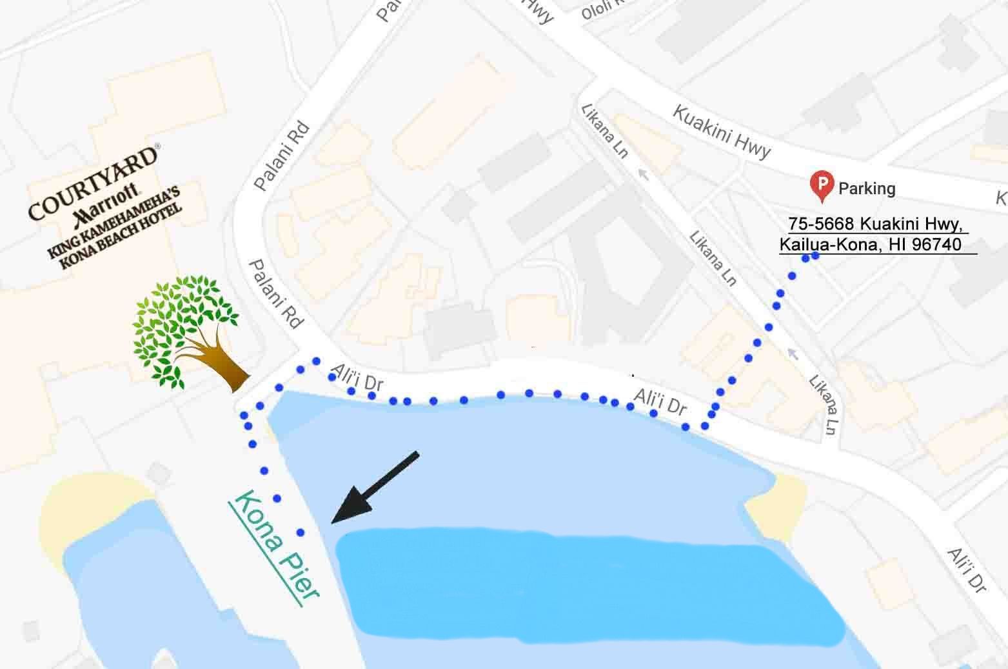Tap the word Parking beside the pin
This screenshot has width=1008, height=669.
pos(867,188)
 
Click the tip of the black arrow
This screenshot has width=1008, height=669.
pos(333,521)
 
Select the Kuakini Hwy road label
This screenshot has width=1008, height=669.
pos(722,132)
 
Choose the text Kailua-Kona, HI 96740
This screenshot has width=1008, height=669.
pos(871,245)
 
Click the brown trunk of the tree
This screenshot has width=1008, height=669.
pos(222,368)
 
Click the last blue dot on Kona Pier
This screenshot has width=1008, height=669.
pos(301,532)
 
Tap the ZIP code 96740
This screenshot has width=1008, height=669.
pos(938,245)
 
